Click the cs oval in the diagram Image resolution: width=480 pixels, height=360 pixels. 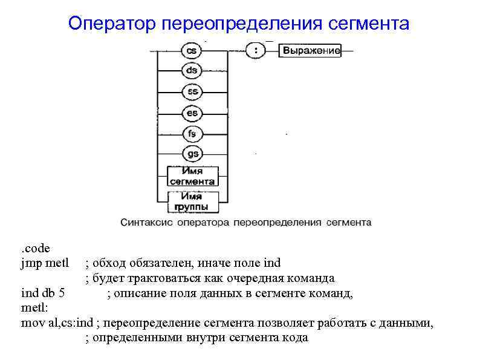192,51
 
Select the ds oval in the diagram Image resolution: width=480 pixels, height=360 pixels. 192,70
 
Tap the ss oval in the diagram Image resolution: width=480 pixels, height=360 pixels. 192,91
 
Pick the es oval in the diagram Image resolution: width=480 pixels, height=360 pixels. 192,112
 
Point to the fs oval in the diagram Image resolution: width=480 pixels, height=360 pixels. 192,133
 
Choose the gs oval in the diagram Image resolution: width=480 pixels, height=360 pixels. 192,154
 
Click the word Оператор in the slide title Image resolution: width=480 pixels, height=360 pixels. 112,24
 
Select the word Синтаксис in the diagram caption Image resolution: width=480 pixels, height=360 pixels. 146,222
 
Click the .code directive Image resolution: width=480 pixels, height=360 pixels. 36,248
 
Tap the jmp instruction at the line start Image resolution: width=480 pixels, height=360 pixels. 30,263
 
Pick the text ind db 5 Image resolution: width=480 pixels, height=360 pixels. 43,293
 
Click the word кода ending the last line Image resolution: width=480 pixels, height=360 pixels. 294,338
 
